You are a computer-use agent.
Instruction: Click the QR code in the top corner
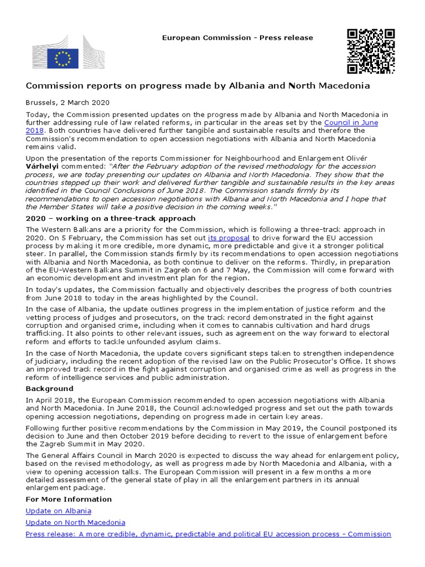pos(370,51)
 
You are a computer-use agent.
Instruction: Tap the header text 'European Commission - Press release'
pos(237,38)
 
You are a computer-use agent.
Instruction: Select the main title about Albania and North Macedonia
pos(198,86)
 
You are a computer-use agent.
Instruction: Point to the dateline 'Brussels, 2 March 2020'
pos(68,102)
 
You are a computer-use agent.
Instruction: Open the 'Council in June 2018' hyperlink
pos(354,122)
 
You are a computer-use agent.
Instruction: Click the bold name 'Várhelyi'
pos(43,166)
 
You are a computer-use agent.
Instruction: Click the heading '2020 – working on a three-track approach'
pos(110,218)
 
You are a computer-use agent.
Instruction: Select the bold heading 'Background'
pos(49,389)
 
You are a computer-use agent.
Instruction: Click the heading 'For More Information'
pos(69,499)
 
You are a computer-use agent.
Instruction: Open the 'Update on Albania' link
pos(58,511)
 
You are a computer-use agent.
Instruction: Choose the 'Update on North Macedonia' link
pos(75,522)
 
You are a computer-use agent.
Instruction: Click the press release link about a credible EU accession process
pos(208,534)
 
